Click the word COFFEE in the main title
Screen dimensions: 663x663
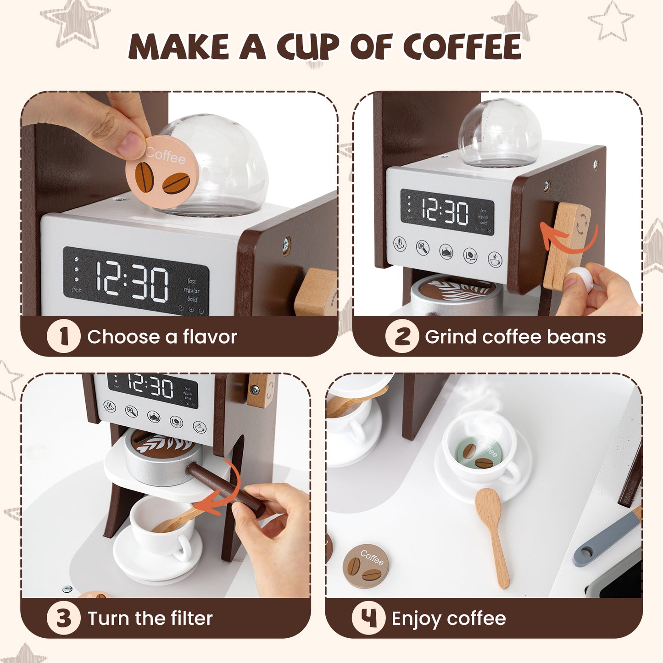462,47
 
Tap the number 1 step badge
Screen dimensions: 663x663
63,337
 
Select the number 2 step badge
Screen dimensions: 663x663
401,337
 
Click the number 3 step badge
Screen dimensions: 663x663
63,618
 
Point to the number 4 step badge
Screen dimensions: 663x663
368,618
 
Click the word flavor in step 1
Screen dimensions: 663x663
210,337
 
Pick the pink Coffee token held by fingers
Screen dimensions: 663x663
162,172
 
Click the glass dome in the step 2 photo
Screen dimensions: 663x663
500,133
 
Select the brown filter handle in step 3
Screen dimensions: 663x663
225,489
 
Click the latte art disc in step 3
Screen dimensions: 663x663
163,443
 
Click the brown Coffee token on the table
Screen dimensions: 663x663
366,566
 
